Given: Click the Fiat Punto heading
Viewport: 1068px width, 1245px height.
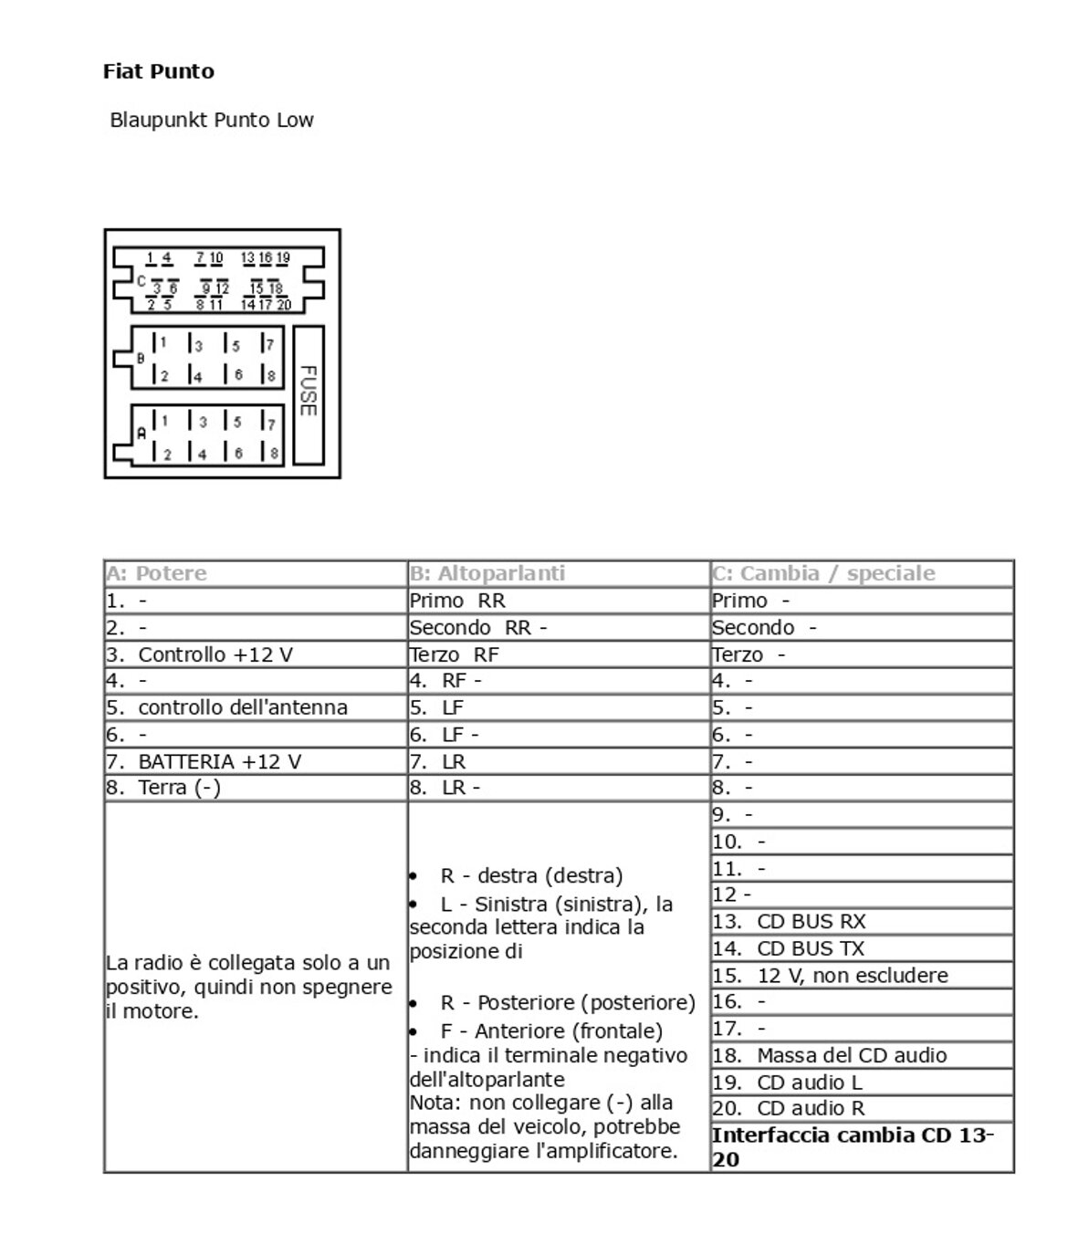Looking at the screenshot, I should click(x=158, y=71).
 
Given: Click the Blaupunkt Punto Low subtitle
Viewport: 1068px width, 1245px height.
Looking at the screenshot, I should click(x=211, y=120).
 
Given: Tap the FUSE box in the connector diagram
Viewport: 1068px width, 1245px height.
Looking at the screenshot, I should click(x=309, y=391).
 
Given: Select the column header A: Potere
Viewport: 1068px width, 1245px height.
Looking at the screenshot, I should click(x=156, y=573).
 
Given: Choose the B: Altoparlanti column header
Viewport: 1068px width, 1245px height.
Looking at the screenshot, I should click(x=487, y=573).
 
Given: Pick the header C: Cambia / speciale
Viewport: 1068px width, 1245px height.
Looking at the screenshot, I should click(x=823, y=573).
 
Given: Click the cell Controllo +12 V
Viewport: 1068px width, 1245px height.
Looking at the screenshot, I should click(x=215, y=654).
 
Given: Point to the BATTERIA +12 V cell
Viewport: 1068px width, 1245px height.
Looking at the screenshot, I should click(x=219, y=761).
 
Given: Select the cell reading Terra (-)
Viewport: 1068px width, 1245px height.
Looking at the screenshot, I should click(x=179, y=788).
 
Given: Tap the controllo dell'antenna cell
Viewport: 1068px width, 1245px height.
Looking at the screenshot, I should click(x=242, y=707).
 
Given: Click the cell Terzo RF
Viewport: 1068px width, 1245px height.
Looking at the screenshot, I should click(x=454, y=654).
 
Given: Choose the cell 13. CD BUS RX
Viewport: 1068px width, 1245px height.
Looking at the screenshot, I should click(x=789, y=922).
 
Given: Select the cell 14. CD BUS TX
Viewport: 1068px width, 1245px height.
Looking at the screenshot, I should click(x=788, y=948).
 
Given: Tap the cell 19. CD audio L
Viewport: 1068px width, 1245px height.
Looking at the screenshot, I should click(x=787, y=1083).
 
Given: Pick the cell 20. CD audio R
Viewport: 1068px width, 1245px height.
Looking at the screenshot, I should click(x=788, y=1108).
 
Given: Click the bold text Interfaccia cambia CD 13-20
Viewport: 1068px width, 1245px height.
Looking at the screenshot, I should click(x=852, y=1146).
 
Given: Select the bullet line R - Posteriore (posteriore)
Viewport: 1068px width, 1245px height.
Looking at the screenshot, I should click(x=567, y=1002).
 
